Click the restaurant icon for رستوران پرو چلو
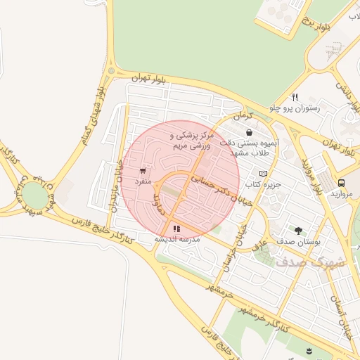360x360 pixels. tap(295, 98)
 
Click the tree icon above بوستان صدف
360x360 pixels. tap(299, 230)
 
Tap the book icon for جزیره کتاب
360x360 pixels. tap(263, 174)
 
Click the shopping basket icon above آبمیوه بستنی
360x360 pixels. tap(249, 132)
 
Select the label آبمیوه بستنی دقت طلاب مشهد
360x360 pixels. tap(250, 147)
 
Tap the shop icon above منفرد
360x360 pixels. tap(143, 171)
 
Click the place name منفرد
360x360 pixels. tap(143, 181)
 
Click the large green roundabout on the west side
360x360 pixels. tap(33, 195)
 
